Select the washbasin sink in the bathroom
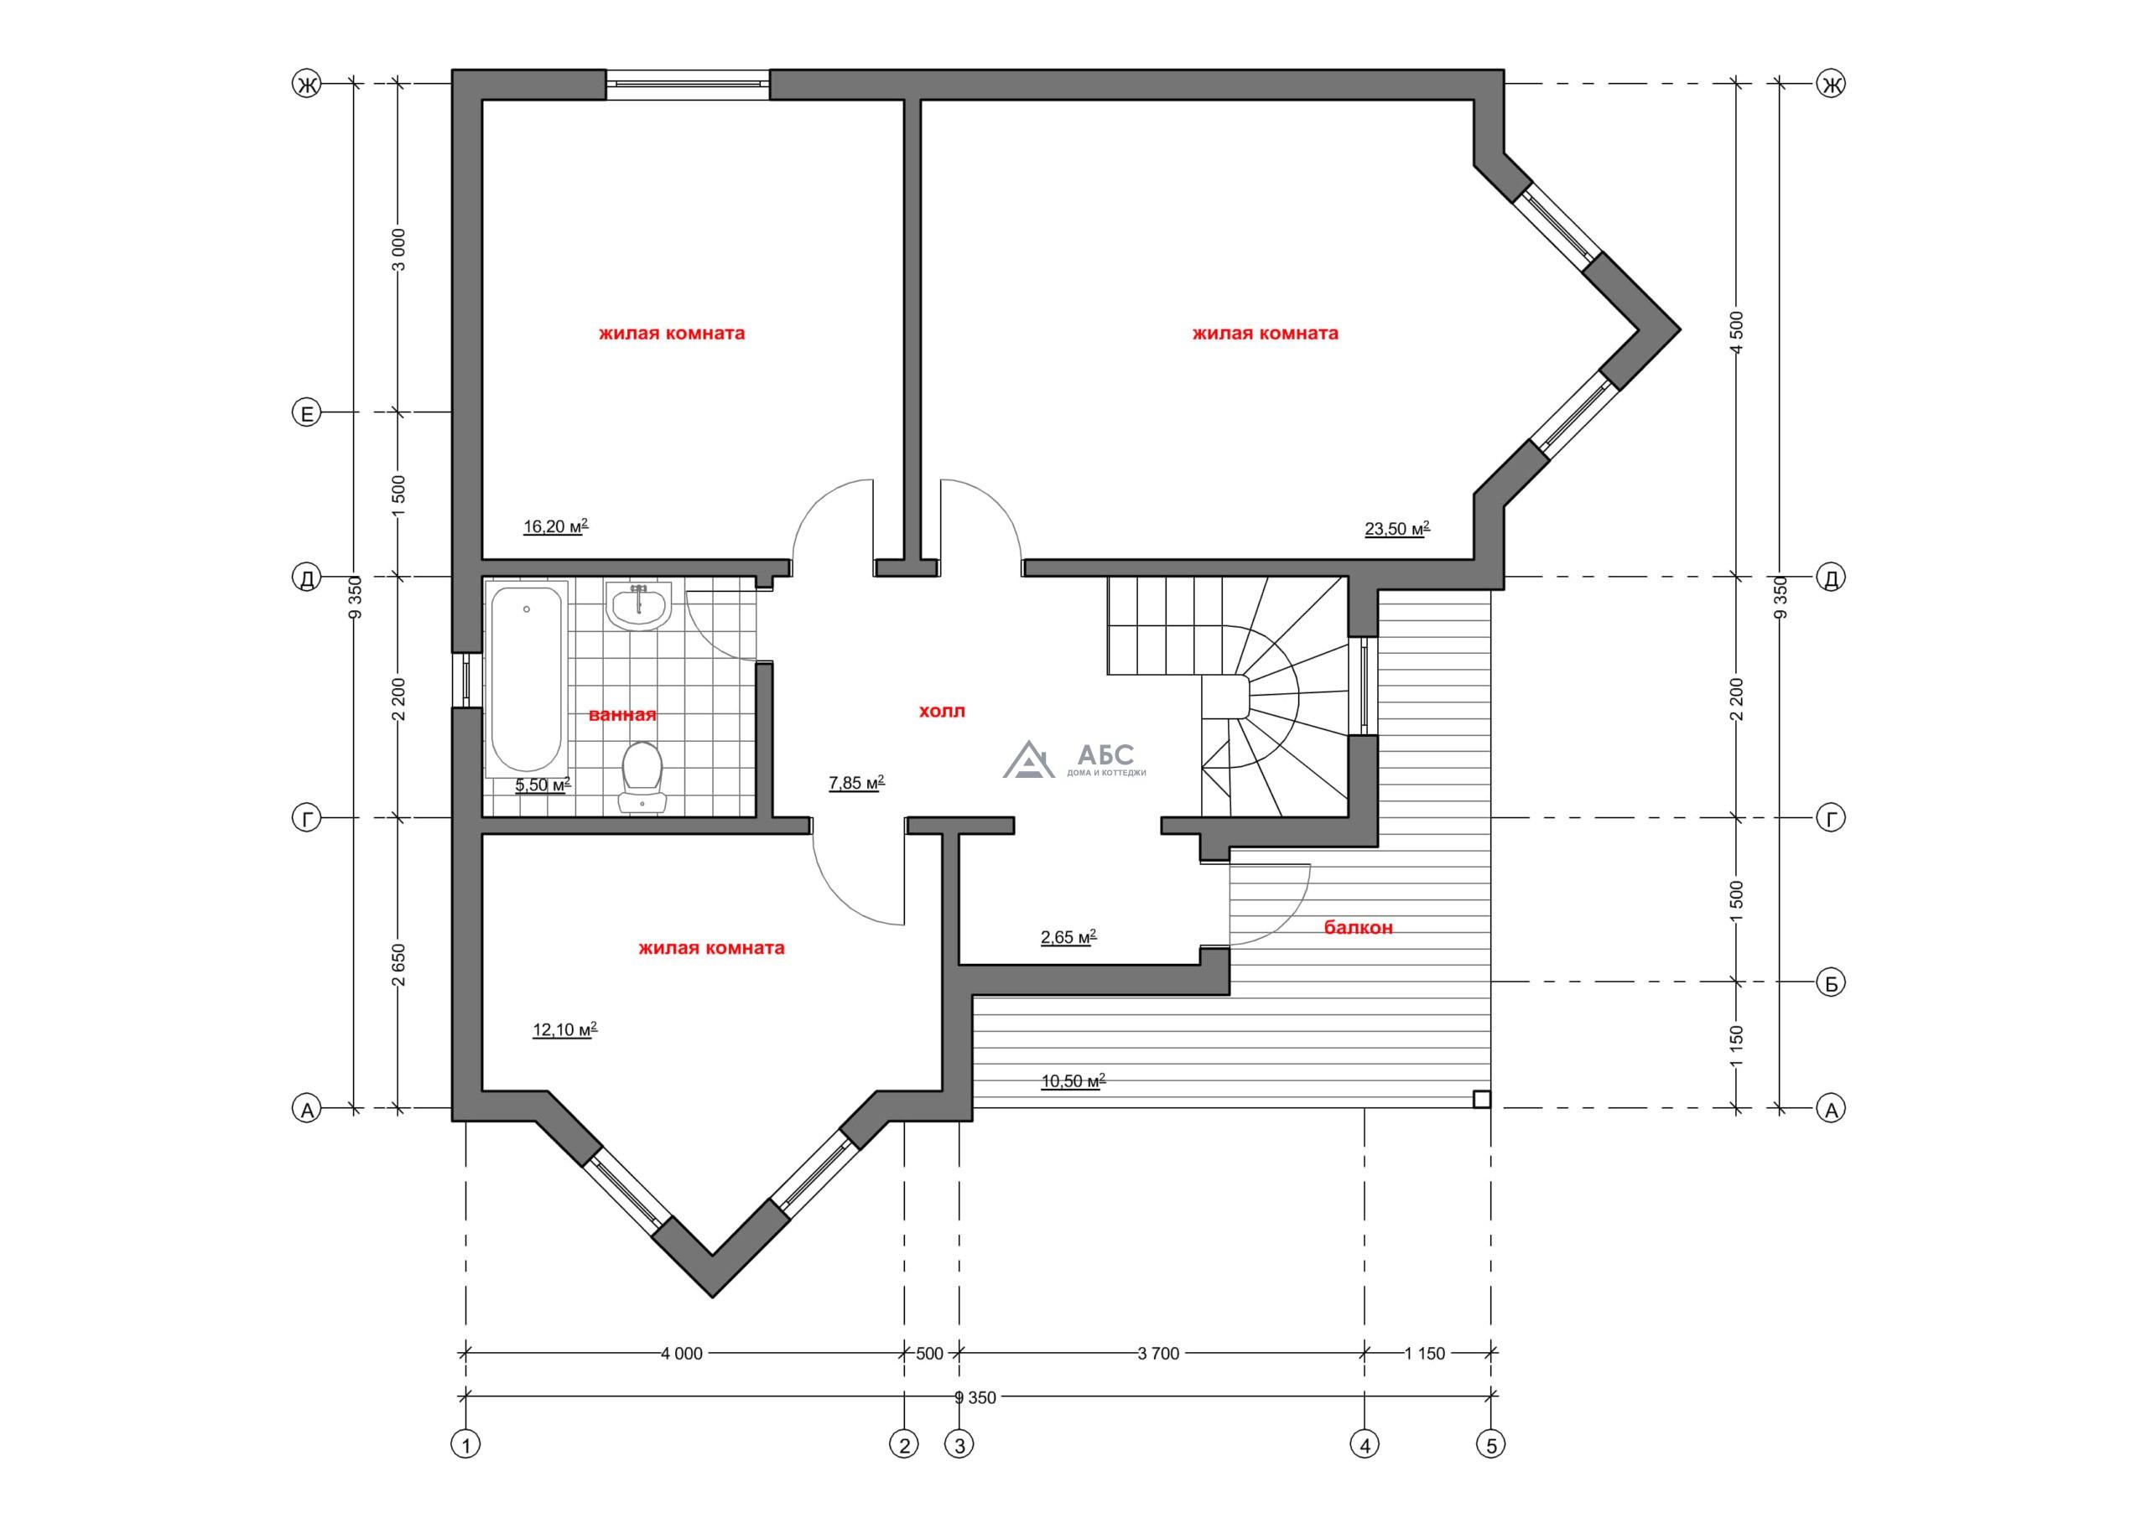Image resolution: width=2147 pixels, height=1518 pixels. tap(639, 606)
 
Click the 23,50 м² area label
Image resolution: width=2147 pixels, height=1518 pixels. tap(1397, 529)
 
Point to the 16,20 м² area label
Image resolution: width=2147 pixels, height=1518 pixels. tap(555, 526)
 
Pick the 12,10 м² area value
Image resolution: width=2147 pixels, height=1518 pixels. tap(564, 1030)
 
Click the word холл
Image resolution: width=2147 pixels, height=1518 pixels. tap(942, 712)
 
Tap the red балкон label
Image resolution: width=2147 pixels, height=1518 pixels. tap(1358, 927)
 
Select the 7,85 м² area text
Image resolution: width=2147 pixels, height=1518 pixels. tap(856, 783)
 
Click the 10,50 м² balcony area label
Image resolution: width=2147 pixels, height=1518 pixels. tap(1073, 1081)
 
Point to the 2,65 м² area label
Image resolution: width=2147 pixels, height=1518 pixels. tap(1068, 936)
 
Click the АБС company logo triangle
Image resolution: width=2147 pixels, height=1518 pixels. tap(1028, 759)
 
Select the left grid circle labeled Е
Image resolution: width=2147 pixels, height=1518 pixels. tap(307, 412)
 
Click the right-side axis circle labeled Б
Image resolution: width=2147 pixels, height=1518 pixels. tap(1831, 982)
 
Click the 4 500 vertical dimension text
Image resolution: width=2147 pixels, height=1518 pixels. tap(1738, 331)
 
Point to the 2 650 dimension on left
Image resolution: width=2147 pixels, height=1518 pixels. tap(398, 963)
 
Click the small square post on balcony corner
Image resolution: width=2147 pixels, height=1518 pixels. tap(1481, 1099)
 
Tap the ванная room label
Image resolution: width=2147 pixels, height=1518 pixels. tap(623, 715)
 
